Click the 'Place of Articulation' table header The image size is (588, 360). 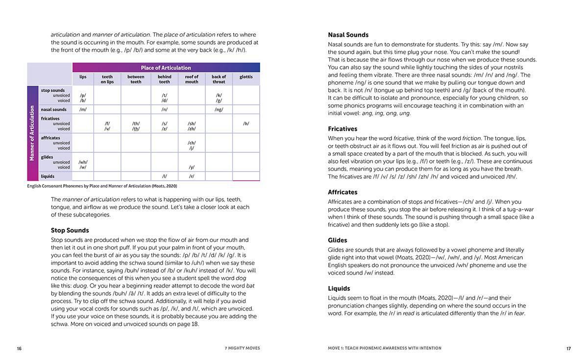click(x=166, y=68)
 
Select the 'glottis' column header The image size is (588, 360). click(x=246, y=77)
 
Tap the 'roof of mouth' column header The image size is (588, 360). click(x=192, y=79)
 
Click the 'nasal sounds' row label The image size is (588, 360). click(x=54, y=110)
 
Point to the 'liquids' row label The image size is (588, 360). click(x=48, y=176)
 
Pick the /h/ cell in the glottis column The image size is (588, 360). click(x=246, y=124)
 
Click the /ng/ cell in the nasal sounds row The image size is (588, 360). click(x=219, y=110)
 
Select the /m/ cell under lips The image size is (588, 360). click(x=83, y=110)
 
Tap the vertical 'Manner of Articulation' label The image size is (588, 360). click(x=32, y=133)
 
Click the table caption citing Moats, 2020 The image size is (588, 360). click(x=102, y=186)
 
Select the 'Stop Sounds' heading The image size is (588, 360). click(x=70, y=230)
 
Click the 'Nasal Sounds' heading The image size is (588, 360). click(x=348, y=35)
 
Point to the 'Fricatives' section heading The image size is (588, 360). click(x=343, y=129)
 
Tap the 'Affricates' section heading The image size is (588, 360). click(x=343, y=192)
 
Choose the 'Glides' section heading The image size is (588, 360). click(x=337, y=240)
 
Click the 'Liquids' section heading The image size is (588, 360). click(x=339, y=288)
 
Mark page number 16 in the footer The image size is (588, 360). click(x=19, y=349)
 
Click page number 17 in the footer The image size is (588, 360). click(x=568, y=349)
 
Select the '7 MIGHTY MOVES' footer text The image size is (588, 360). click(x=242, y=348)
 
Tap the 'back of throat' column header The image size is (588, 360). click(x=219, y=79)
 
